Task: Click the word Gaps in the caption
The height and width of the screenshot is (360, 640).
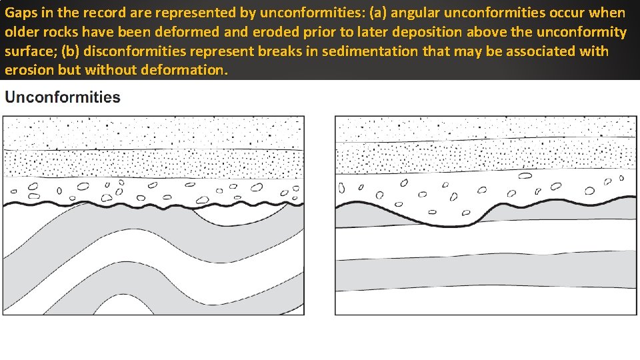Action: coord(20,13)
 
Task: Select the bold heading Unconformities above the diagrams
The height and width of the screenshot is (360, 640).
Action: coord(63,97)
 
